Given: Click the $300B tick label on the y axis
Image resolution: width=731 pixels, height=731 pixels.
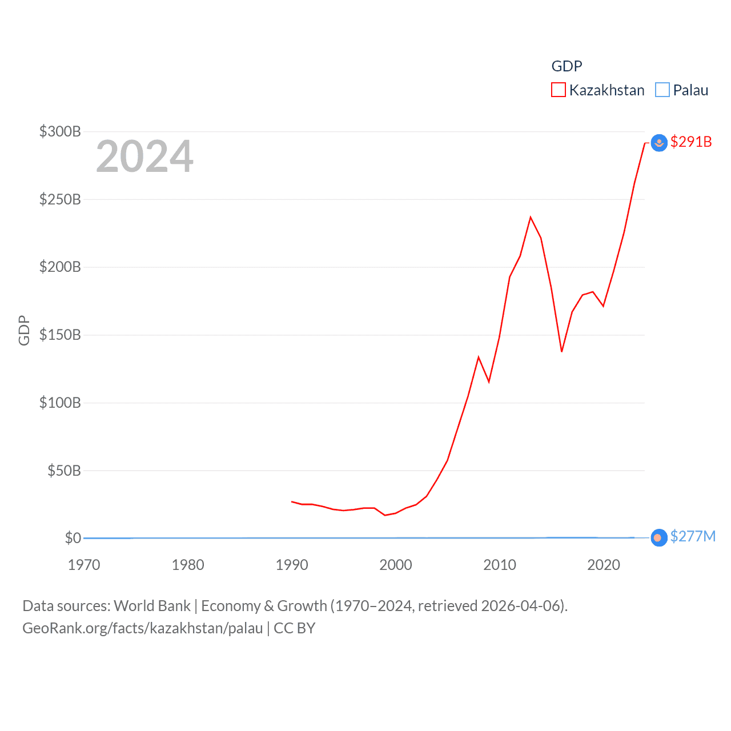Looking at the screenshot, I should [60, 132].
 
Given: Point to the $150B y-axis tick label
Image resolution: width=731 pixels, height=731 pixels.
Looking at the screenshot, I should [60, 335].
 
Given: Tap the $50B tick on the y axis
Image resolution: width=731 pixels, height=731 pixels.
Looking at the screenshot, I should [63, 471].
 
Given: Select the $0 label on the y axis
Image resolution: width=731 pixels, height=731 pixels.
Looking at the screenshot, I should [73, 538].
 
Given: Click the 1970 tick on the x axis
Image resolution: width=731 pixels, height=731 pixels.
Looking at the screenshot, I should [84, 565].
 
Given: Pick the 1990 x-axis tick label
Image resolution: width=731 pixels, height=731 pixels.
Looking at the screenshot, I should [292, 565].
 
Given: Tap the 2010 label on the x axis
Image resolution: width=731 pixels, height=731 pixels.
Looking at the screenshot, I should [500, 565].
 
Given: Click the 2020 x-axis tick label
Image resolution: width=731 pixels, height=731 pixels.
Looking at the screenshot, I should [604, 565].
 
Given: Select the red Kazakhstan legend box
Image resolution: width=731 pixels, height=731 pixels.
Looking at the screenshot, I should [558, 90].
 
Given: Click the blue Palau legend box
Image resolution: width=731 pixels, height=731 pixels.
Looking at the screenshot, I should [662, 90].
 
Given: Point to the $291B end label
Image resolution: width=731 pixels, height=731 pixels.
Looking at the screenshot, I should [691, 142].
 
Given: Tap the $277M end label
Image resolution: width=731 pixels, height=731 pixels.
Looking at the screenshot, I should [693, 537].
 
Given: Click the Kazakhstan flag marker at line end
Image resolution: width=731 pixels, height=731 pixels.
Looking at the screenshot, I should [659, 143].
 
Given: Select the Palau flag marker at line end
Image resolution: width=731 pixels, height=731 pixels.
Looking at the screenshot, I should [659, 538].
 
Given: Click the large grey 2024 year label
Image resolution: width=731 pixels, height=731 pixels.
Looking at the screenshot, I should [144, 156].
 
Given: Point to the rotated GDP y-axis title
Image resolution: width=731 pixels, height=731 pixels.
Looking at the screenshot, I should [24, 330].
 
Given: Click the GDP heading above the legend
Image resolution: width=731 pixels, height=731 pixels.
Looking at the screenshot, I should [567, 66].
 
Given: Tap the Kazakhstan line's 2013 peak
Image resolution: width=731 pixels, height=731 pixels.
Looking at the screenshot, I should [531, 217].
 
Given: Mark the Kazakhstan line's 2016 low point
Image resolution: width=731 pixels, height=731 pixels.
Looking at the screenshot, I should [562, 351].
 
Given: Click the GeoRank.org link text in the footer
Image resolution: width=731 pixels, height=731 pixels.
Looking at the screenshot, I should [143, 628].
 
